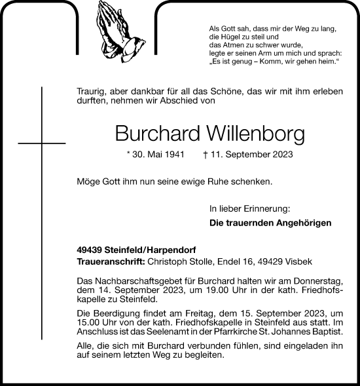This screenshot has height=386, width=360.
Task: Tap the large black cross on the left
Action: [x=43, y=141]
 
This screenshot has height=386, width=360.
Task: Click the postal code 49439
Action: [x=90, y=250]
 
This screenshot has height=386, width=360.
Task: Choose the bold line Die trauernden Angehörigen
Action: [x=270, y=223]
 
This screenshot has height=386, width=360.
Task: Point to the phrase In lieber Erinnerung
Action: [x=249, y=209]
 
